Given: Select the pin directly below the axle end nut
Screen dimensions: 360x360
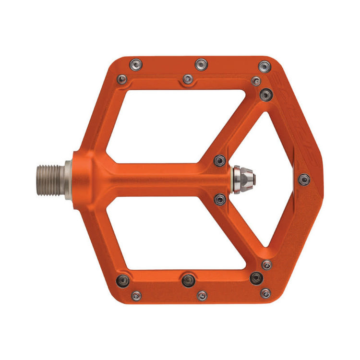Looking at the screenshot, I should [220, 198].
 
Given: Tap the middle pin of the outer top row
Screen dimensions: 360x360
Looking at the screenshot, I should [201, 64].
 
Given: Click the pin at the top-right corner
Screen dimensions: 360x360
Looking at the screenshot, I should [264, 66].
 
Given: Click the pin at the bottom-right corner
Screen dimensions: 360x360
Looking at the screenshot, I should [265, 292].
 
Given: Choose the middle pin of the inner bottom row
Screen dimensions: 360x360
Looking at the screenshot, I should [188, 277].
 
